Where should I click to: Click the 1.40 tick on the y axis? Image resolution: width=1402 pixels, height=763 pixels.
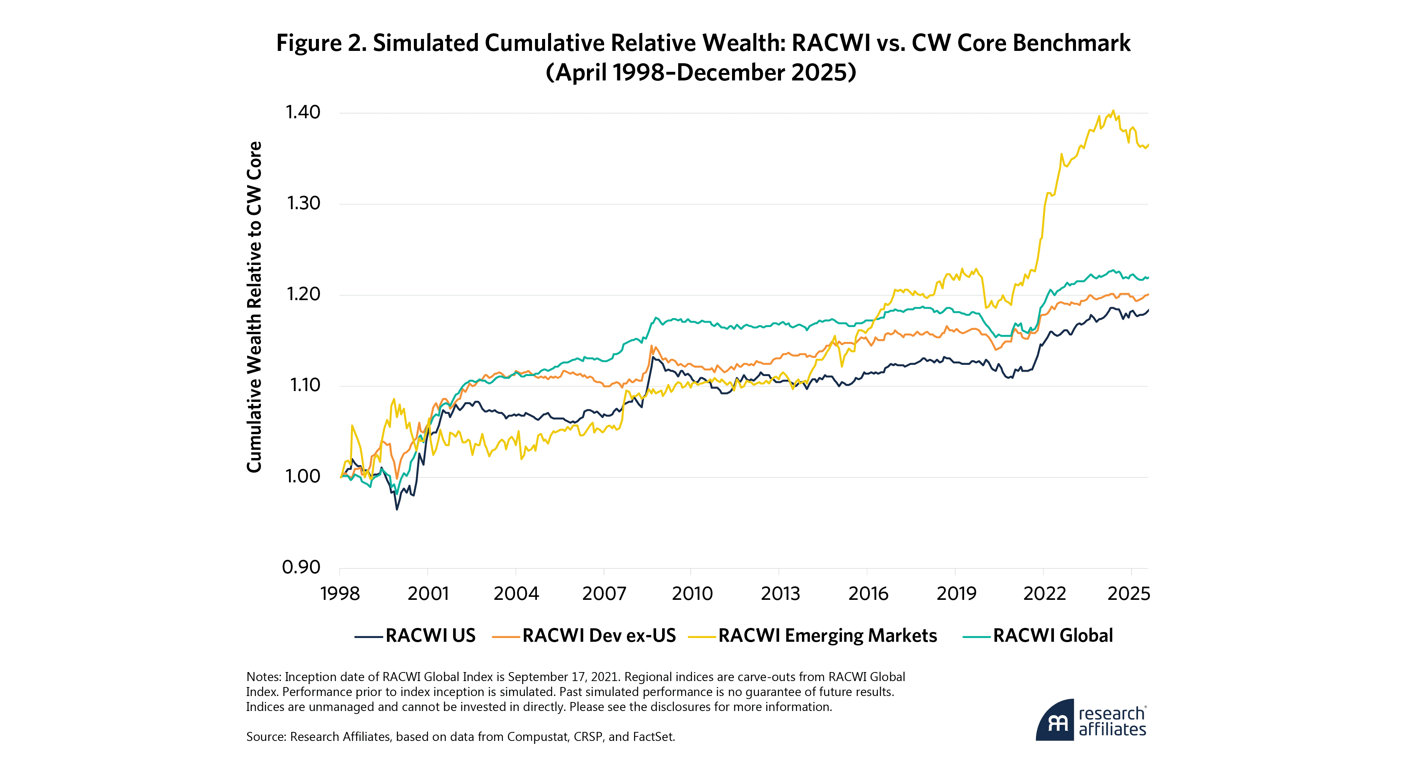point(302,112)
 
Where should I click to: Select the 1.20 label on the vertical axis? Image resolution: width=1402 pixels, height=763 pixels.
point(302,294)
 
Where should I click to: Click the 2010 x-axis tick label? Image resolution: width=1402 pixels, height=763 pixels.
point(692,593)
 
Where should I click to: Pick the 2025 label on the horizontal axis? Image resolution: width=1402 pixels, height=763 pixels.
point(1129,593)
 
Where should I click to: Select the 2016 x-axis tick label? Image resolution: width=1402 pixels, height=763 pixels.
point(868,593)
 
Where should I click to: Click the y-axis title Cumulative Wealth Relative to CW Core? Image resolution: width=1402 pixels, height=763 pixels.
point(254,306)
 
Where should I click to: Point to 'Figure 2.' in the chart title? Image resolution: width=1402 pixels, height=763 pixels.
point(321,43)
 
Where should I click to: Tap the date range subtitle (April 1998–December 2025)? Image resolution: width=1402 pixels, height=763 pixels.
point(701,73)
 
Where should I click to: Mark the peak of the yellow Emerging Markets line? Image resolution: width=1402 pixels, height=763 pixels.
point(1113,110)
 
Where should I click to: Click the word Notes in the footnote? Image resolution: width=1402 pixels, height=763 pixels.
point(262,677)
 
